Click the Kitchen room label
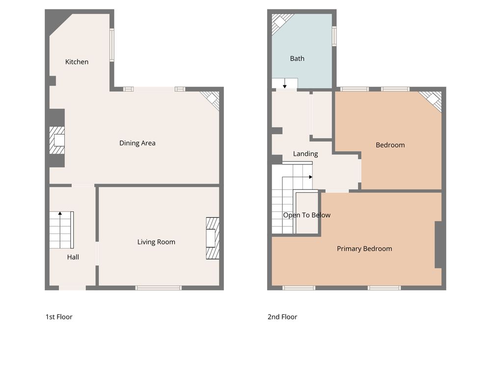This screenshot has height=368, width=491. [77, 62]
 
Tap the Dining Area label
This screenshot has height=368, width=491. [137, 143]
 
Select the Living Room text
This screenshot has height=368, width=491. [156, 242]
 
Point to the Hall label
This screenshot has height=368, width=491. [73, 257]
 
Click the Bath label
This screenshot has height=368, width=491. [297, 58]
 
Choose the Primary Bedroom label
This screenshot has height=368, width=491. [364, 249]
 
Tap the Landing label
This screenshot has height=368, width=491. [305, 154]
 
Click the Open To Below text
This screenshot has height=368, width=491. [307, 215]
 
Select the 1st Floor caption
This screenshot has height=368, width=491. [59, 317]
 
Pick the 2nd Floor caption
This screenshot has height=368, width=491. [282, 317]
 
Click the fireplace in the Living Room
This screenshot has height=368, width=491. [213, 238]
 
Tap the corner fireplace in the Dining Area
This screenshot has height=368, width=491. [211, 100]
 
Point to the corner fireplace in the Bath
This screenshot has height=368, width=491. [281, 23]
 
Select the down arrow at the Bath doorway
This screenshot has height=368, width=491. [285, 83]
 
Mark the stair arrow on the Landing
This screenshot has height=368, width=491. [311, 177]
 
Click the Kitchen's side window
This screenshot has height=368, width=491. [112, 45]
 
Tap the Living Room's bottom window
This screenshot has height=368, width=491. [159, 288]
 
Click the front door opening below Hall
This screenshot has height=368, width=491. [72, 288]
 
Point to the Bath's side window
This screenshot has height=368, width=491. [334, 36]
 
